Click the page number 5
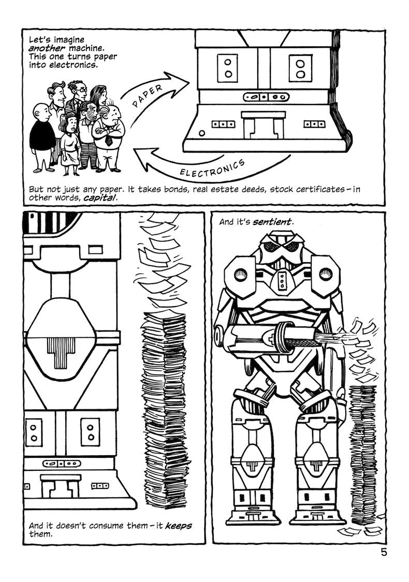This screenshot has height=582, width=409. [x=384, y=553]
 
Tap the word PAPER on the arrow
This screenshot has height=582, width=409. [x=147, y=96]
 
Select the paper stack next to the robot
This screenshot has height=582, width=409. [x=362, y=455]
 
